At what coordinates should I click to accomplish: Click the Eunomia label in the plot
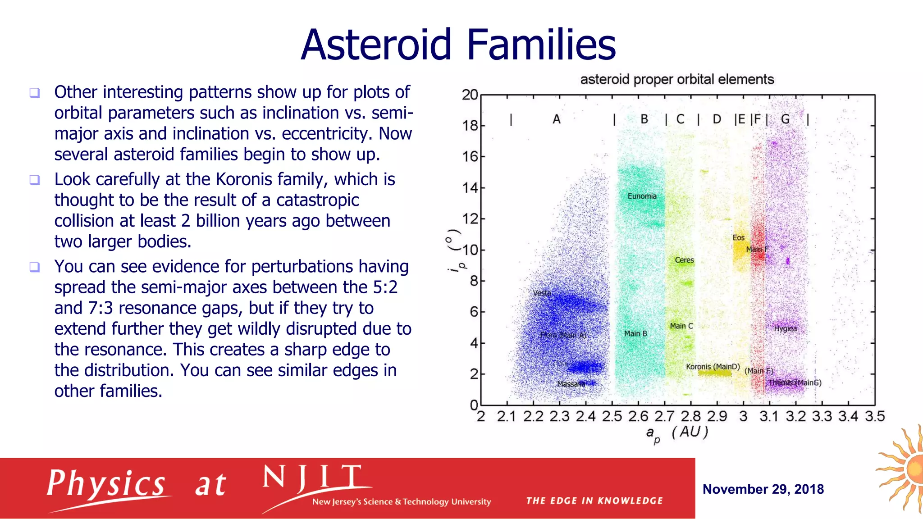point(642,196)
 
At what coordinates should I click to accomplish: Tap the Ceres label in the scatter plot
point(684,260)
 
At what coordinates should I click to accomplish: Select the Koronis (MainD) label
point(713,367)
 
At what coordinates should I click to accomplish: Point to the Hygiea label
point(785,329)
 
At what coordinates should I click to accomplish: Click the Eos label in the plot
point(738,238)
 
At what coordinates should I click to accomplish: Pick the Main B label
point(635,334)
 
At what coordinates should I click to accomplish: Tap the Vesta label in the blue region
point(542,293)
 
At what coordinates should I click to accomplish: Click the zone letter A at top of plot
point(557,119)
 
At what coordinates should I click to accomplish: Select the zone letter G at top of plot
point(785,119)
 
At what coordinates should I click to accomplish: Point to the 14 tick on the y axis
point(470,188)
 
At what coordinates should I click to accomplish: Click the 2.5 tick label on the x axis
point(612,416)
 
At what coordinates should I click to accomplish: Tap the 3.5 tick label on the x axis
point(874,416)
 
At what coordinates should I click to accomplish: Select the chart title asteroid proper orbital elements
point(676,80)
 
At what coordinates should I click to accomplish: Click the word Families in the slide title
point(541,45)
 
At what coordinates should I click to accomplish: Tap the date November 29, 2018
point(763,489)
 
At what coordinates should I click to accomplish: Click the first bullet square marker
point(35,93)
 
